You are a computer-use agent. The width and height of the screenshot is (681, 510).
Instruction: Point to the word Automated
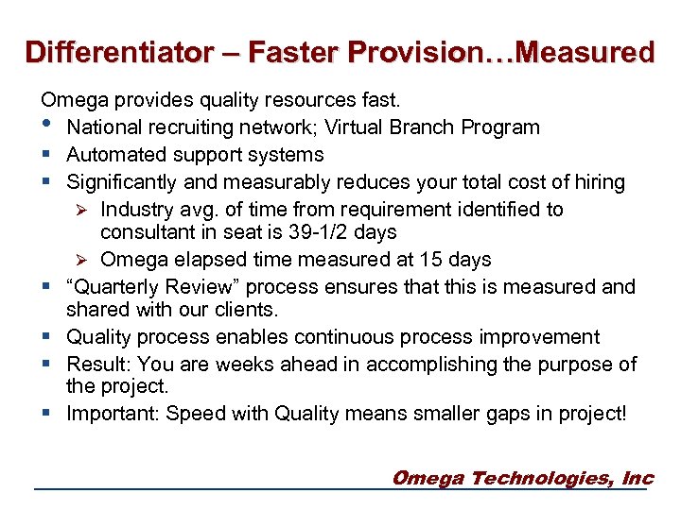(x=112, y=155)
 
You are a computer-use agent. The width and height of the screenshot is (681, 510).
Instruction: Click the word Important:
(x=113, y=415)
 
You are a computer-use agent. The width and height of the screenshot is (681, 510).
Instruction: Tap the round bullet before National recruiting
(x=46, y=127)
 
